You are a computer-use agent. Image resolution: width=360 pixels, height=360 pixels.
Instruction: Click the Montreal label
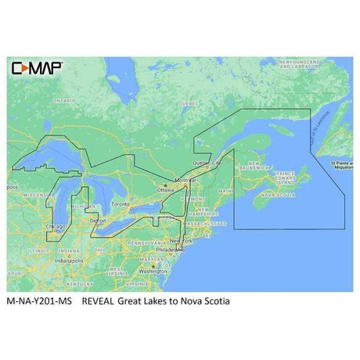click(185, 180)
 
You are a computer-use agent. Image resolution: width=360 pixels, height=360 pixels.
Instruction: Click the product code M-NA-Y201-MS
click(43, 300)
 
